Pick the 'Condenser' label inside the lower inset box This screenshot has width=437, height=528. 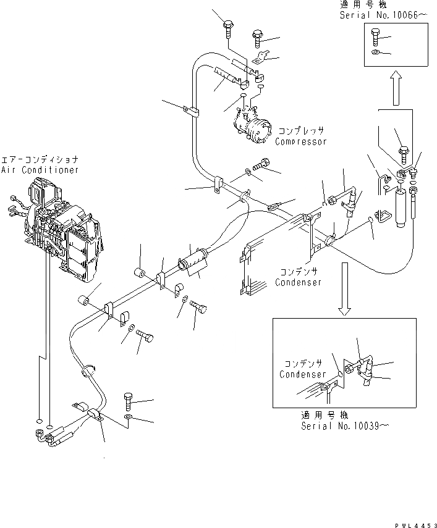click(303, 375)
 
